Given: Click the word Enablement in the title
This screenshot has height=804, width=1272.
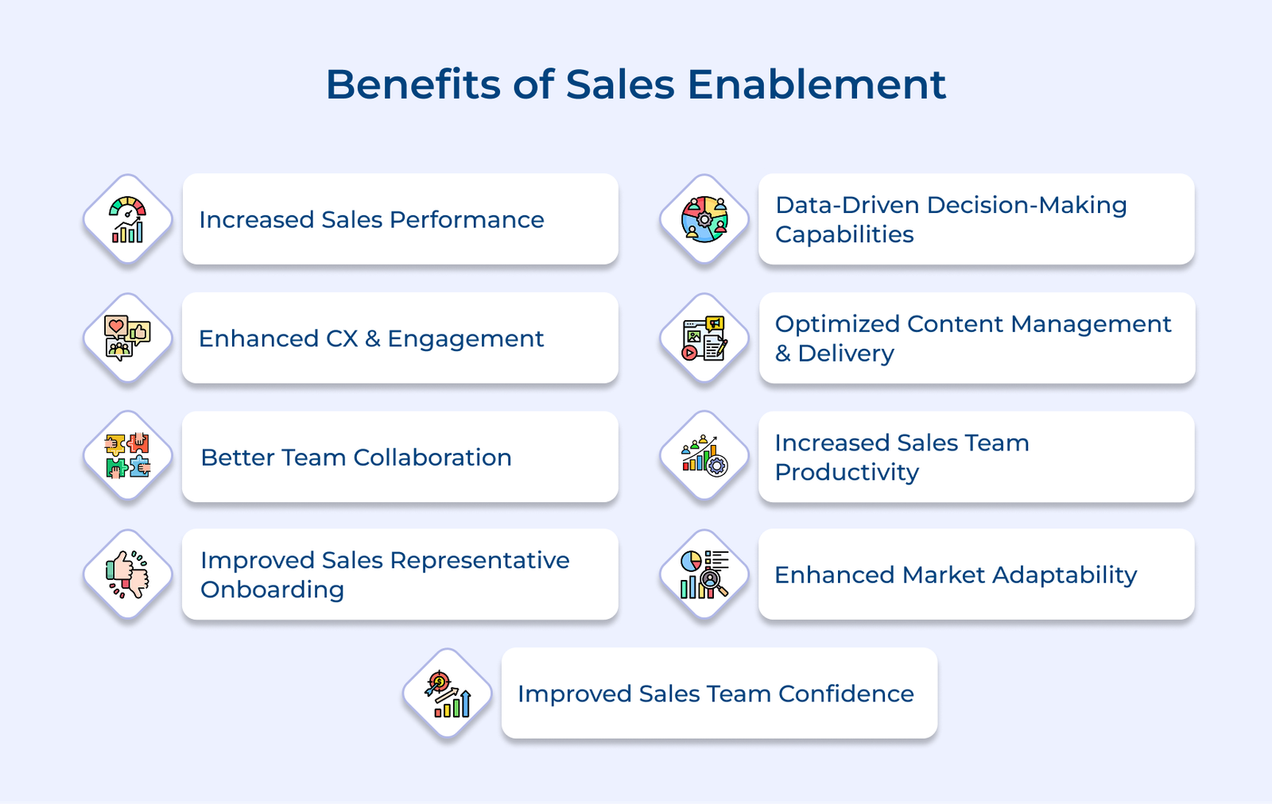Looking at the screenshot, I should click(816, 84).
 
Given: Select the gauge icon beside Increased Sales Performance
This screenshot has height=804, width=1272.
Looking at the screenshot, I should click(128, 219).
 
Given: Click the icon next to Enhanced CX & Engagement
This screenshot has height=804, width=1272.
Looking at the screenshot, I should click(128, 338).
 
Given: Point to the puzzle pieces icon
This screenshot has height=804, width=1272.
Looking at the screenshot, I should click(128, 456).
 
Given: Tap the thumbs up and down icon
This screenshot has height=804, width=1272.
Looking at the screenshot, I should click(128, 574).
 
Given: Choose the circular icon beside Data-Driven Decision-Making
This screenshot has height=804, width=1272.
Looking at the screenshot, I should click(704, 219).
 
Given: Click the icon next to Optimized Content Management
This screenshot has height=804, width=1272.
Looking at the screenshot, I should click(704, 338).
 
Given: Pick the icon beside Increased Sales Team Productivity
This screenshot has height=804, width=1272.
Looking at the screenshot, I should click(704, 456).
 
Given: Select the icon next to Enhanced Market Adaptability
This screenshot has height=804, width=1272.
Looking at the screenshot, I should click(704, 574).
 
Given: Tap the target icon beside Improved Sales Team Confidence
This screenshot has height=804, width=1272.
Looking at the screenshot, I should click(448, 694).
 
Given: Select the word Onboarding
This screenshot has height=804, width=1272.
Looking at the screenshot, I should click(272, 590).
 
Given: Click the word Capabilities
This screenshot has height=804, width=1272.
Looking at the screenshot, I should click(844, 235).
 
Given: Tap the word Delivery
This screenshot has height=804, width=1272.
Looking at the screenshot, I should click(846, 354).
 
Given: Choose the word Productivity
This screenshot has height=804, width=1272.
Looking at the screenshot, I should click(847, 473).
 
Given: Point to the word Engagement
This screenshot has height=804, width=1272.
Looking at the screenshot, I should click(465, 339).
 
